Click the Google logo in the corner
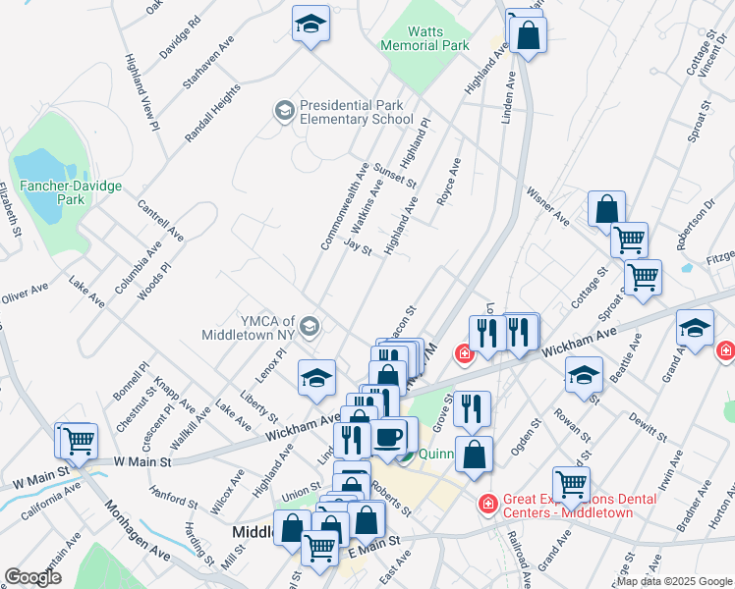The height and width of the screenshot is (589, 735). point(33,577)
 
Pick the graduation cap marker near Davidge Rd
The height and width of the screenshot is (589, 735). point(311,25)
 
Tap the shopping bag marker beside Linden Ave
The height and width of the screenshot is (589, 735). point(528,35)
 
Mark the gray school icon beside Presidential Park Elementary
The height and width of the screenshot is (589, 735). point(285,110)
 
